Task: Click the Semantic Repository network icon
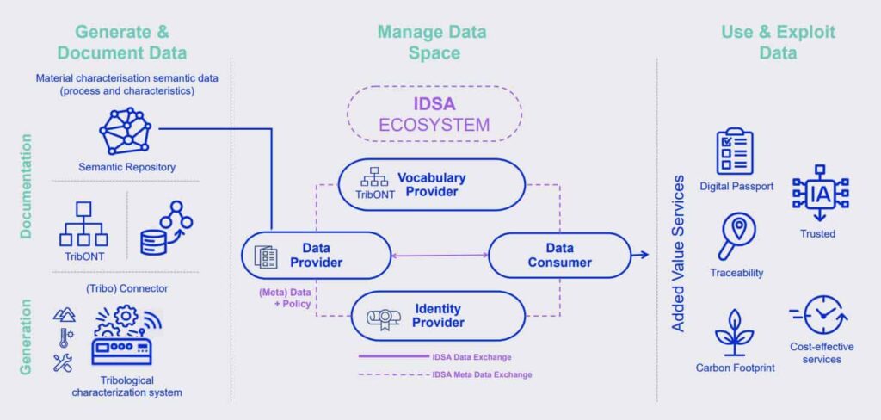click(128, 131)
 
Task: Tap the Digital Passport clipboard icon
click(735, 151)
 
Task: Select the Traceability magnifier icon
click(736, 238)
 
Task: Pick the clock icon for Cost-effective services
click(819, 315)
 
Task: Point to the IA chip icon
click(820, 193)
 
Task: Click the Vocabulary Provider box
click(432, 184)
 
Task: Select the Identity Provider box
click(438, 315)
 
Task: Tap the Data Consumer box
click(559, 256)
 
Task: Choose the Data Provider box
click(316, 256)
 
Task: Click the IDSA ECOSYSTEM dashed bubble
click(434, 114)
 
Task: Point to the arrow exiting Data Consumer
click(640, 256)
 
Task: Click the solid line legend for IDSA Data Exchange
click(393, 356)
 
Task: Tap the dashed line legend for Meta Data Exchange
click(393, 374)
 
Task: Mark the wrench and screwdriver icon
click(62, 363)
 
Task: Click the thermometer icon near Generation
click(65, 337)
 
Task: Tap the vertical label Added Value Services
click(678, 254)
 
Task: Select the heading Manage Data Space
click(432, 42)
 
